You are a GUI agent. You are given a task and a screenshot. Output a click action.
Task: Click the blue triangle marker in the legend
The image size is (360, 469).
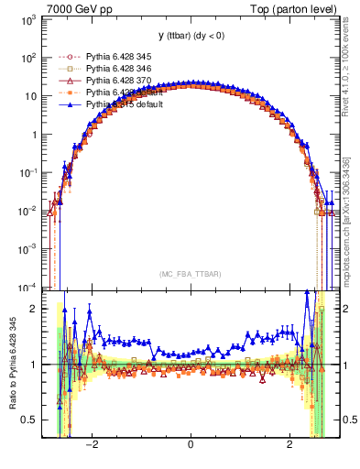tap(67, 105)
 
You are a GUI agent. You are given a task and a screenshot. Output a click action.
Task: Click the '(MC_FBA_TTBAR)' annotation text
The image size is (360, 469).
tap(190, 274)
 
